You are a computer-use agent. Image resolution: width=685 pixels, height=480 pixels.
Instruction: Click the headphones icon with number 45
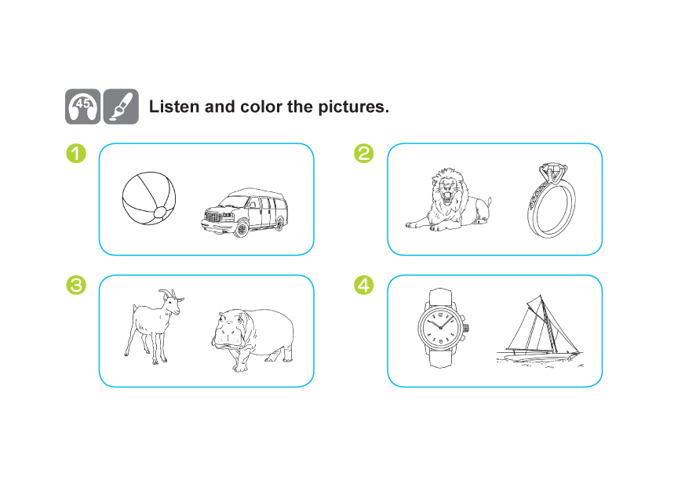83,107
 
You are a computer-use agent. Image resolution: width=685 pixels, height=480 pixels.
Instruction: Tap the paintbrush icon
121,107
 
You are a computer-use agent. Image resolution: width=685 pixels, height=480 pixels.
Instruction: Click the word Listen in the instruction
174,107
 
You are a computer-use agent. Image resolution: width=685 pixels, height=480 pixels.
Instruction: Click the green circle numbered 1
76,154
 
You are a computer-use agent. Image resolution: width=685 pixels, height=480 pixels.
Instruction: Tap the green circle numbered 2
364,154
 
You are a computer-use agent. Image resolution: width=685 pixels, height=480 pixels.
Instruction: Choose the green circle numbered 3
76,285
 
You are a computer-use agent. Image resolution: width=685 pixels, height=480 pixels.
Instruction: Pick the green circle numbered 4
364,285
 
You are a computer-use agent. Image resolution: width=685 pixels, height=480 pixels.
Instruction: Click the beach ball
149,198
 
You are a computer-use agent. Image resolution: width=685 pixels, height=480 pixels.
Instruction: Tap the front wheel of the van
241,229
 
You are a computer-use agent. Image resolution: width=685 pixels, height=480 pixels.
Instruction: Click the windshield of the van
234,202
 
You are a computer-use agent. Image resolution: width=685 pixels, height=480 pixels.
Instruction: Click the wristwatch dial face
441,327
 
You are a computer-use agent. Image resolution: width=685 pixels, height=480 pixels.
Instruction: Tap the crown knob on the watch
467,327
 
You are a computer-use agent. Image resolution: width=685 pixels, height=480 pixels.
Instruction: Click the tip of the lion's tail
490,201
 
